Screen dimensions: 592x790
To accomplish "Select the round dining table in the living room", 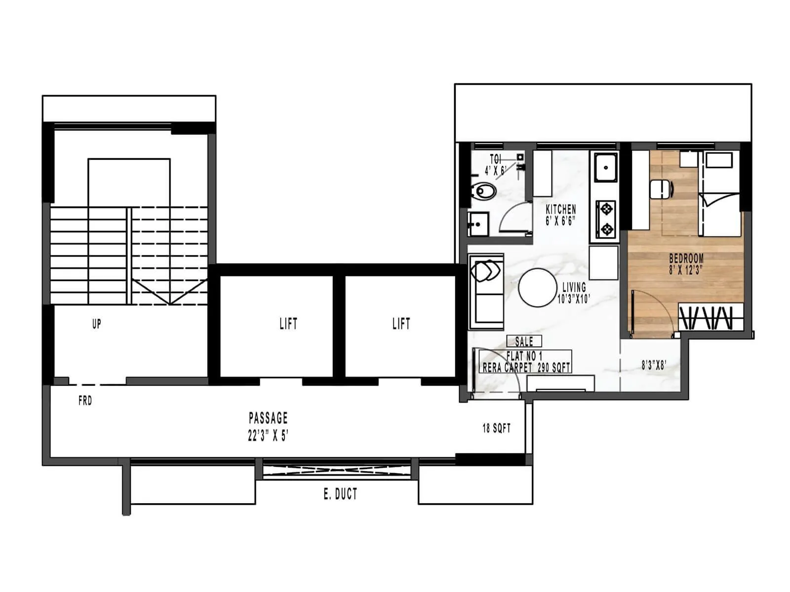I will pyautogui.click(x=537, y=288).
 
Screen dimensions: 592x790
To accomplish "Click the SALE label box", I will pyautogui.click(x=524, y=341).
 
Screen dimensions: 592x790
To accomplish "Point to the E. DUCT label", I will pyautogui.click(x=340, y=494).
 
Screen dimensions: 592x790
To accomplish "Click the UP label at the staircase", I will pyautogui.click(x=97, y=324).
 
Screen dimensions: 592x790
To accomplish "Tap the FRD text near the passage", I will pyautogui.click(x=85, y=401).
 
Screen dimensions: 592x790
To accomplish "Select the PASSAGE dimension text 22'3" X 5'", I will pyautogui.click(x=268, y=436).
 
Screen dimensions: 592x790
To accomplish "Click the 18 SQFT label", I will pyautogui.click(x=496, y=428).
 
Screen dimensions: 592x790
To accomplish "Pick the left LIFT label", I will pyautogui.click(x=288, y=324).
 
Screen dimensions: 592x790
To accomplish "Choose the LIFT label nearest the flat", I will pyautogui.click(x=401, y=324).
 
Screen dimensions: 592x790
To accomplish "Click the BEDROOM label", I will pyautogui.click(x=686, y=258).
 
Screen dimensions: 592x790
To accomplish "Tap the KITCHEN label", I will pyautogui.click(x=561, y=209).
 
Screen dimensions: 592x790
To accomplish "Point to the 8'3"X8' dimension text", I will pyautogui.click(x=654, y=365).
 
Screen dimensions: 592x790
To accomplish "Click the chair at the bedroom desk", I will pyautogui.click(x=661, y=189).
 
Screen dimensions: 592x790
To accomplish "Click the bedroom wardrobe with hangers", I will pyautogui.click(x=711, y=317).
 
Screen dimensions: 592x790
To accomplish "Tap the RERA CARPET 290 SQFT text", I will pyautogui.click(x=526, y=368).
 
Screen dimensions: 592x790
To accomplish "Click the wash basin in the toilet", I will pyautogui.click(x=478, y=224).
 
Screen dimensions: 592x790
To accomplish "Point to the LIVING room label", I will pyautogui.click(x=574, y=287).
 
